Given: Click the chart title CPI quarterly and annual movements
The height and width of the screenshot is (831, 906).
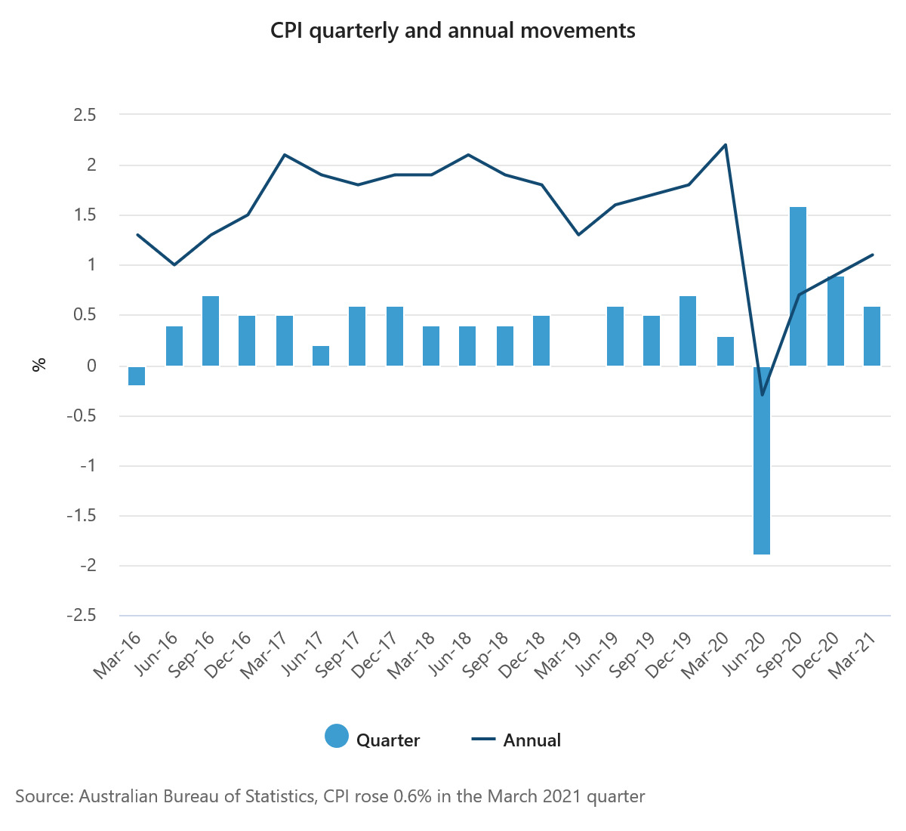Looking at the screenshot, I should tap(453, 31).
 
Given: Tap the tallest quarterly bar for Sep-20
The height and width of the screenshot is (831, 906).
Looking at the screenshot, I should tap(798, 286).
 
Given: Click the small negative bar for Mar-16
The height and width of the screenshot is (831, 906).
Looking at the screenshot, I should tap(137, 375).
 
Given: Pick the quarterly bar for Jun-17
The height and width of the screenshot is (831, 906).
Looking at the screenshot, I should tap(321, 356).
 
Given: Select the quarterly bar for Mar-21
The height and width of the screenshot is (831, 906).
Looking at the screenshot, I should tap(872, 336).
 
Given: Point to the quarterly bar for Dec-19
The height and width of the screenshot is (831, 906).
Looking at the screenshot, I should tap(688, 331).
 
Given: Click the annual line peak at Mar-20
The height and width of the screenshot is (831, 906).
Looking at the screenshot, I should tap(725, 145).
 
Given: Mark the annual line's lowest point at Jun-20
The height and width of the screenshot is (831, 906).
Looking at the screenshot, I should tap(762, 394).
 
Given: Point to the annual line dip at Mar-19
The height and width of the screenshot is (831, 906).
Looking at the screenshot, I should tap(578, 235).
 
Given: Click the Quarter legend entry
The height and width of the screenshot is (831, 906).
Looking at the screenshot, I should tap(372, 740).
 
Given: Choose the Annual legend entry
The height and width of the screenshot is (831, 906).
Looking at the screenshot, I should tap(516, 740).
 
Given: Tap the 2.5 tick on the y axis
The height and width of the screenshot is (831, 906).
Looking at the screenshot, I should tap(85, 115).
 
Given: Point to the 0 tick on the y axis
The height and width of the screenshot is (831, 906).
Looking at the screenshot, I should tap(91, 366).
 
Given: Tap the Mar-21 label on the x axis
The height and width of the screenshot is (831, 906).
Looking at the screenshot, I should tap(854, 655).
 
